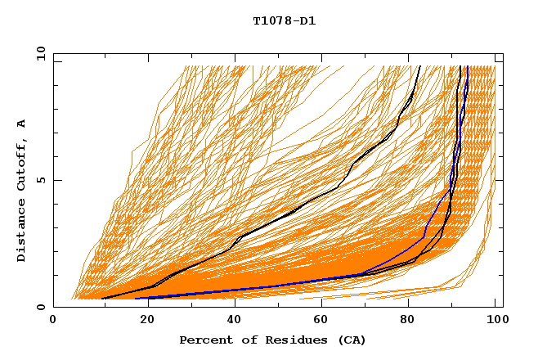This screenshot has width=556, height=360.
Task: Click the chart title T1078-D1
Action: coord(284,20)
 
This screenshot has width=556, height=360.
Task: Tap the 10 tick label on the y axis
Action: coord(38,53)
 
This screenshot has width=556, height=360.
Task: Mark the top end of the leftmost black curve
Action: coord(419,66)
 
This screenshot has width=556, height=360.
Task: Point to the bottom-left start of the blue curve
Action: coord(135,299)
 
